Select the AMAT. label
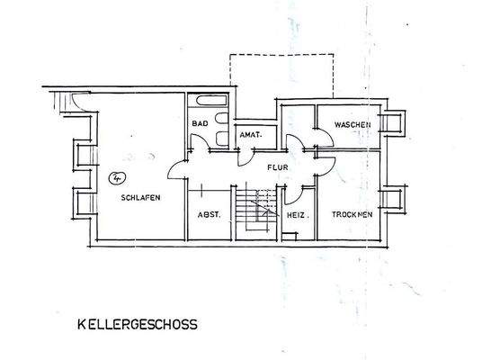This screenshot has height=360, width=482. click(x=250, y=136)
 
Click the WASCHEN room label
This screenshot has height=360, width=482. click(x=352, y=123)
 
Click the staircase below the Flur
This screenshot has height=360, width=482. click(x=257, y=211)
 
